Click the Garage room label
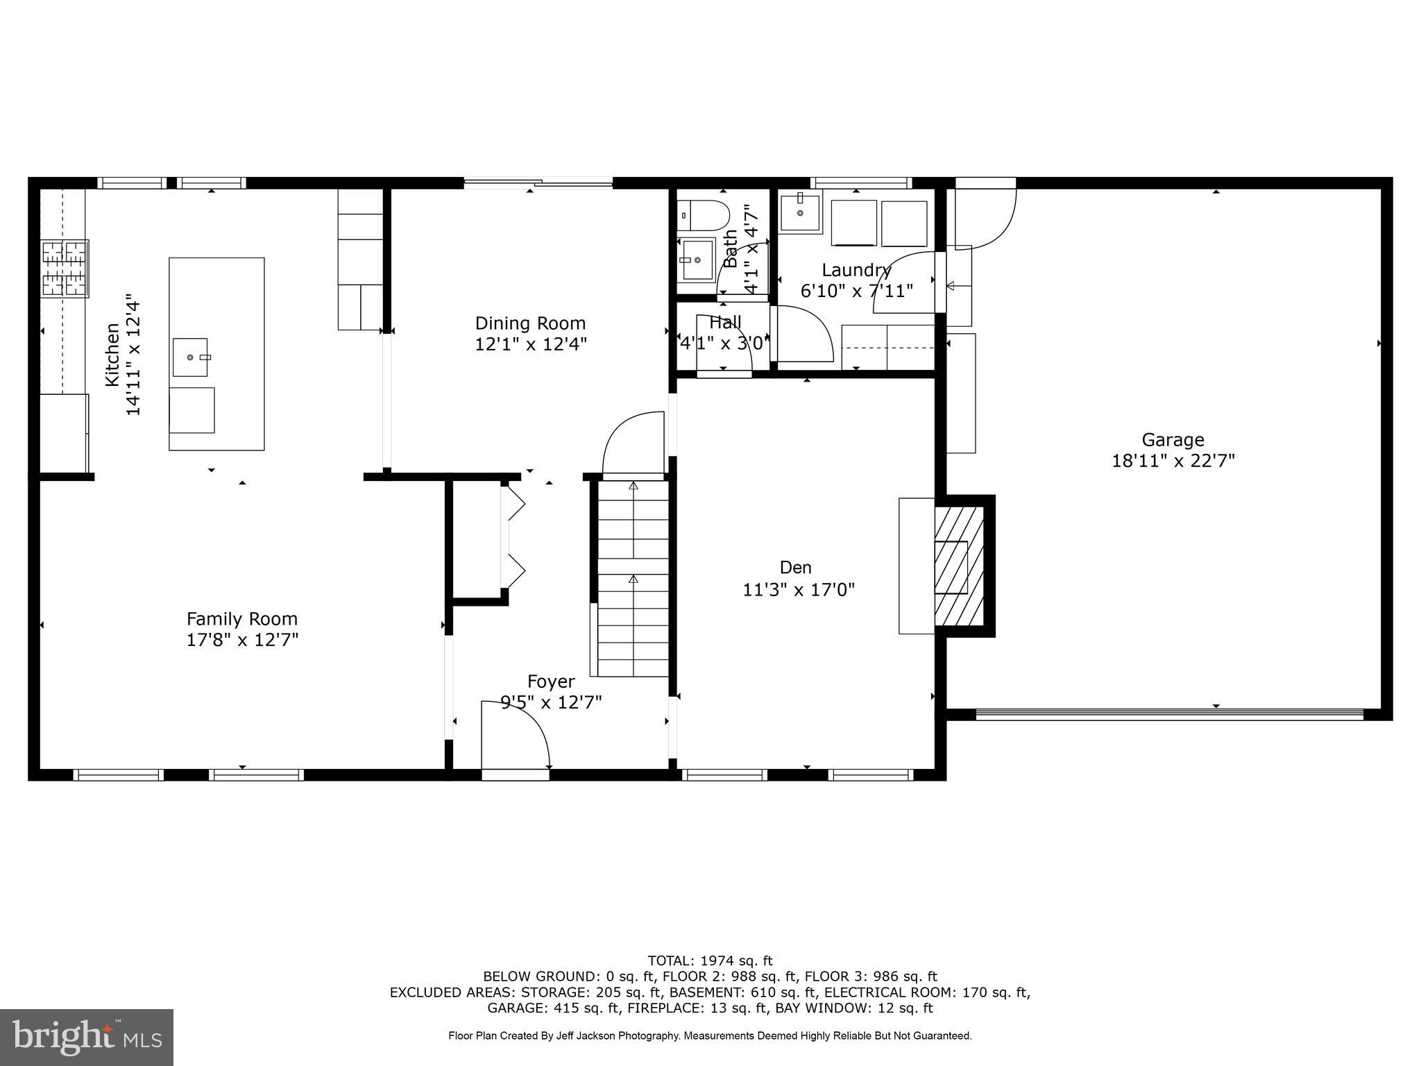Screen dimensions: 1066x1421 point(1173,440)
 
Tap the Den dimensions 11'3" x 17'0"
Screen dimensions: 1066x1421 point(799,590)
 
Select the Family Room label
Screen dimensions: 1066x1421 point(241,618)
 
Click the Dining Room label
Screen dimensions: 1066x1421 point(530,323)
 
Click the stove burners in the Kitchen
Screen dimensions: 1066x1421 point(65,269)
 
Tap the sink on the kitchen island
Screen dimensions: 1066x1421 point(190,357)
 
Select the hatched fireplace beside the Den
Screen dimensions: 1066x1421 point(960,565)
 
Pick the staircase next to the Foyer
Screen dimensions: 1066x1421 point(632,579)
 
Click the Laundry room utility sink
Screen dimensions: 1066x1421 point(799,213)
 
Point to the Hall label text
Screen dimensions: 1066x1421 point(725,322)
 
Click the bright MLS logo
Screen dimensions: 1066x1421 point(87,1037)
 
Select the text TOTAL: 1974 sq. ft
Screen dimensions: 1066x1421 point(710,961)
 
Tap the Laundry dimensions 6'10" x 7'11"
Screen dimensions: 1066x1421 point(857,291)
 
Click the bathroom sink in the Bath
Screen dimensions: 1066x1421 point(697,260)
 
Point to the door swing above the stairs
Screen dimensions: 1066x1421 point(633,444)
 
